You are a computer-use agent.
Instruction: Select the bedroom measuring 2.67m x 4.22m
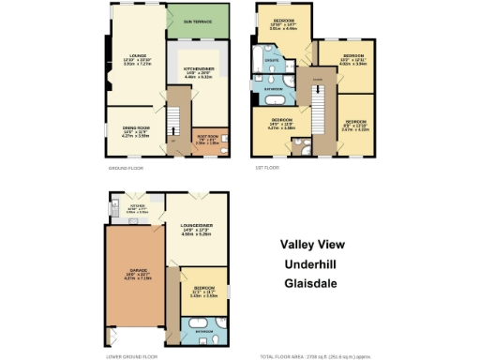[356, 126]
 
